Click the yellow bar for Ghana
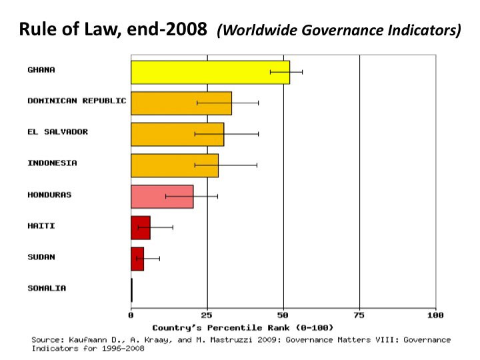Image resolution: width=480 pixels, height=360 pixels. pyautogui.click(x=210, y=71)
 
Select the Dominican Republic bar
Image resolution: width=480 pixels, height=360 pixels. pyautogui.click(x=181, y=103)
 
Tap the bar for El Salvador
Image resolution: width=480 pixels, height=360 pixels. pyautogui.click(x=177, y=134)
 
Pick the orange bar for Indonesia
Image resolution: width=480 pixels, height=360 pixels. pyautogui.click(x=174, y=165)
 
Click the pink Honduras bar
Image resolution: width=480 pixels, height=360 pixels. pyautogui.click(x=161, y=197)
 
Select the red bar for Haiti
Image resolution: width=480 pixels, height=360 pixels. pyautogui.click(x=140, y=228)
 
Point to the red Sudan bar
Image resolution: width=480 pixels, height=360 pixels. pyautogui.click(x=137, y=259)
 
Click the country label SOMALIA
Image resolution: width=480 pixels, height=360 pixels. pyautogui.click(x=47, y=288)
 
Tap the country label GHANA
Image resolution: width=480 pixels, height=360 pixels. pyautogui.click(x=41, y=69)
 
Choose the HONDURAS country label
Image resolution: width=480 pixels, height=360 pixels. pyautogui.click(x=49, y=195)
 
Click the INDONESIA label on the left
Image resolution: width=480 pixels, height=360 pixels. pyautogui.click(x=52, y=163)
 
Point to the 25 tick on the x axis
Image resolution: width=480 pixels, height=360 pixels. pyautogui.click(x=207, y=315)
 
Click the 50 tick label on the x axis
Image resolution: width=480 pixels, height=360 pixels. pyautogui.click(x=283, y=315)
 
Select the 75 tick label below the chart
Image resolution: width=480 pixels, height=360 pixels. pyautogui.click(x=360, y=315)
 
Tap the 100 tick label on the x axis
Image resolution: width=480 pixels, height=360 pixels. pyautogui.click(x=436, y=315)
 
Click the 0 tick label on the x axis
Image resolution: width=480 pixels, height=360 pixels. pyautogui.click(x=131, y=315)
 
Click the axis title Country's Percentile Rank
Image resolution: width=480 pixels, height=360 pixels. pyautogui.click(x=243, y=327)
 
